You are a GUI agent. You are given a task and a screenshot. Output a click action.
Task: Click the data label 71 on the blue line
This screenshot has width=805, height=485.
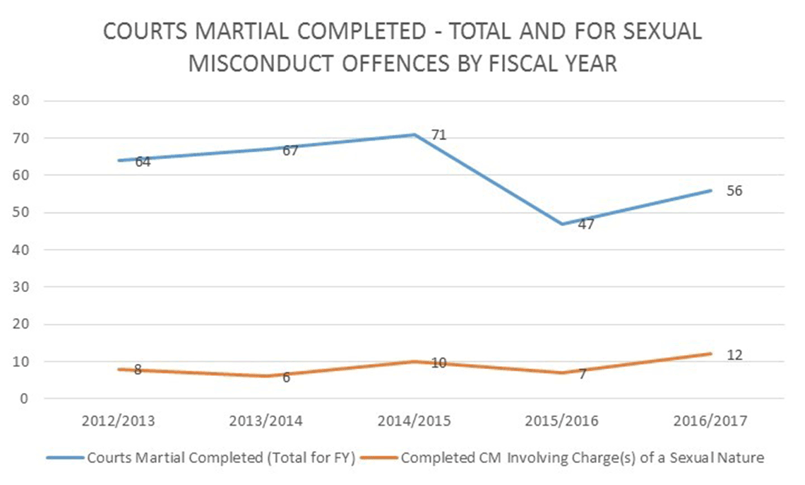pyautogui.click(x=439, y=134)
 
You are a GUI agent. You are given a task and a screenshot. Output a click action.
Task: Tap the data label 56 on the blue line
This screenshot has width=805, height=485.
pyautogui.click(x=734, y=191)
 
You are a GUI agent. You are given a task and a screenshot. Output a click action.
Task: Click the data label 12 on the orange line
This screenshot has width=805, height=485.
pyautogui.click(x=734, y=354)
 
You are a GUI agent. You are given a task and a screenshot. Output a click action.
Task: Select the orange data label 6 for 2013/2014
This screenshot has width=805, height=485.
pyautogui.click(x=286, y=378)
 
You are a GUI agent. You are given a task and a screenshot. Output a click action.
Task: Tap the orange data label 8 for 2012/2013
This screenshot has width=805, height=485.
pyautogui.click(x=138, y=370)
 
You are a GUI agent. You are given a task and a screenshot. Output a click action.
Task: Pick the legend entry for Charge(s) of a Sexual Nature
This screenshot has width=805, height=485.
pyautogui.click(x=582, y=457)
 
